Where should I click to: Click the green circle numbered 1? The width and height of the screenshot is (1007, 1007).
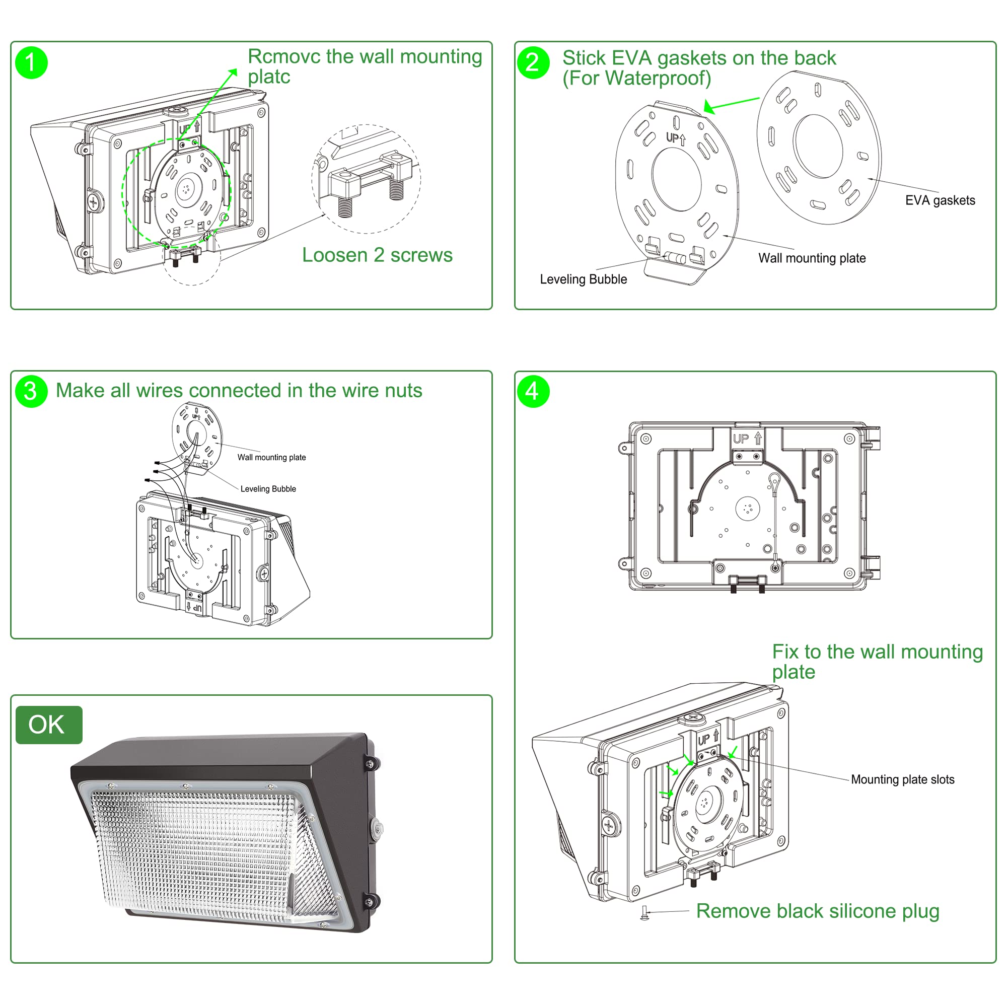click(31, 62)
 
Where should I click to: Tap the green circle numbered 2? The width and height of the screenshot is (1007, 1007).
click(533, 62)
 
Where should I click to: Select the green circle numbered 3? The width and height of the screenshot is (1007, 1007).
click(31, 391)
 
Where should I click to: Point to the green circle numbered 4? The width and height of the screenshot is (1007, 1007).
click(533, 391)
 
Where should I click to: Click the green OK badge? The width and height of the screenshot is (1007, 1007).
click(49, 725)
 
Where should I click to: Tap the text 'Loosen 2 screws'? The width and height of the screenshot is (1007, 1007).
click(377, 255)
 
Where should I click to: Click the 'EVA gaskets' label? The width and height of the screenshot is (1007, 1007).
click(940, 200)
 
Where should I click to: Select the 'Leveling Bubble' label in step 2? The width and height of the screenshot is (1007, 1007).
click(583, 279)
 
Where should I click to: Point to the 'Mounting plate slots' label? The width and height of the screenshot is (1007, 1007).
click(903, 779)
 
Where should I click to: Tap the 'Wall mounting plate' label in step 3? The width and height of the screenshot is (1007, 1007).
click(271, 457)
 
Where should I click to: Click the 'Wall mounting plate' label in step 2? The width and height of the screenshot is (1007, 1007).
click(812, 258)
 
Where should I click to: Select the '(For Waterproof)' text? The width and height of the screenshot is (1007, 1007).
click(636, 78)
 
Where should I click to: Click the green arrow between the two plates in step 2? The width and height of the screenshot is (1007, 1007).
click(731, 105)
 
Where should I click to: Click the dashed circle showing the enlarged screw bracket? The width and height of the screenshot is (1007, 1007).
click(367, 178)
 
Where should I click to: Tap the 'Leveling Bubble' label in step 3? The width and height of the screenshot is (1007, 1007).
click(268, 489)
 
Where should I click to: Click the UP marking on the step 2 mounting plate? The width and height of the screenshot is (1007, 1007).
click(676, 138)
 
